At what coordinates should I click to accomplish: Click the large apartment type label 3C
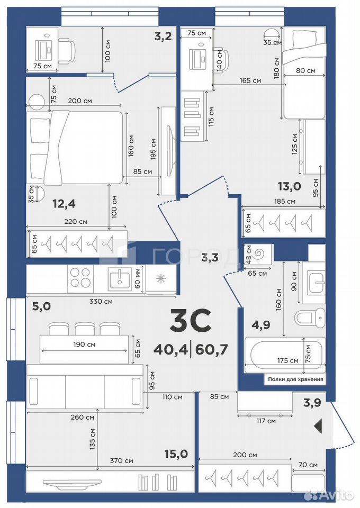click(x=191, y=321)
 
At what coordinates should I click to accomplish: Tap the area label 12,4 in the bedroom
click(x=64, y=204)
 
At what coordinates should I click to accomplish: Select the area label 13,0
click(x=290, y=186)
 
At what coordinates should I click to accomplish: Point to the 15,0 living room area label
click(x=176, y=454)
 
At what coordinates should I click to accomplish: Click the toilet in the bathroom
click(x=310, y=316)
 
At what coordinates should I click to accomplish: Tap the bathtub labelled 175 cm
click(x=285, y=355)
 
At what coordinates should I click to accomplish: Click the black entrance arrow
click(x=318, y=425)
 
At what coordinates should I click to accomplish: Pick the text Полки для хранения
click(x=295, y=379)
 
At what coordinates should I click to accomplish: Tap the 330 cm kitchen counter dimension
click(x=101, y=301)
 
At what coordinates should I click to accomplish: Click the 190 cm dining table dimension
click(x=84, y=344)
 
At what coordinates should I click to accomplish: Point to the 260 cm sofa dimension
click(x=82, y=418)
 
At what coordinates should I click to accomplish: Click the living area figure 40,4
click(x=171, y=350)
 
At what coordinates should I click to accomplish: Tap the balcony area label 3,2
click(x=163, y=37)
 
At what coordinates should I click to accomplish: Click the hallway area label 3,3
click(x=210, y=258)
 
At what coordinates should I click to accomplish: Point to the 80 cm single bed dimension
click(x=305, y=70)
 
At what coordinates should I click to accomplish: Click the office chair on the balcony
click(x=67, y=50)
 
